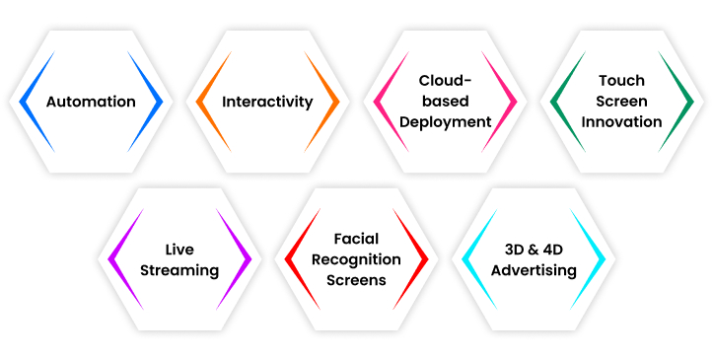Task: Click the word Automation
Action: (91, 102)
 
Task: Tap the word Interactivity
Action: (267, 102)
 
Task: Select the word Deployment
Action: (445, 122)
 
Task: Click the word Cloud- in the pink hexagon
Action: (445, 81)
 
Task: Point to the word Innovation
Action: (621, 122)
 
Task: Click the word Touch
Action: (621, 81)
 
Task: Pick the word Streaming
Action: (178, 270)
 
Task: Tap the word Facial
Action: (356, 239)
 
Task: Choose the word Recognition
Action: (356, 259)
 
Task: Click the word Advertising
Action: (534, 270)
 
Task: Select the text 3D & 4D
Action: (534, 250)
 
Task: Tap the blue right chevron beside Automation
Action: (153, 102)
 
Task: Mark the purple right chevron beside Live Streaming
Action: (242, 259)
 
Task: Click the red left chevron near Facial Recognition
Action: (293, 259)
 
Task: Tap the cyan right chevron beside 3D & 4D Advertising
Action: (597, 259)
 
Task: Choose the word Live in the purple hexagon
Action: (178, 250)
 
